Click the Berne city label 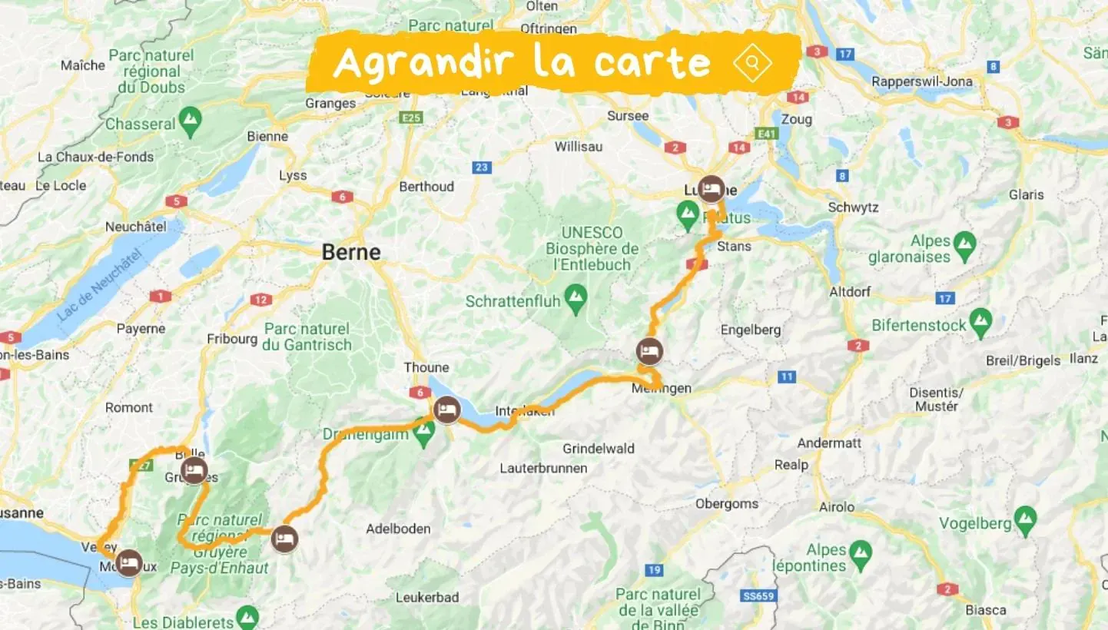(x=351, y=253)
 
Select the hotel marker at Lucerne (x=712, y=188)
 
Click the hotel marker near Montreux (x=128, y=563)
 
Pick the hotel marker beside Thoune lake (x=446, y=409)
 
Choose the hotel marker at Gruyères (x=194, y=470)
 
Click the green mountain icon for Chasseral (x=189, y=120)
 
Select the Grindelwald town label (x=599, y=448)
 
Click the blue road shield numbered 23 (x=482, y=167)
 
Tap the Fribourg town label (x=232, y=339)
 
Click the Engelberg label (x=751, y=330)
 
